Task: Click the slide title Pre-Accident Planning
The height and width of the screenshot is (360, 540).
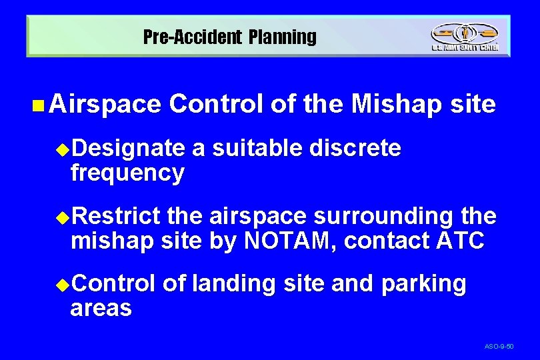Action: pyautogui.click(x=230, y=37)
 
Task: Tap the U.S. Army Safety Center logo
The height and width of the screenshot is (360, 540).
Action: pyautogui.click(x=464, y=37)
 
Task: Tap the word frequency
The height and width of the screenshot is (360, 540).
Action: pyautogui.click(x=127, y=173)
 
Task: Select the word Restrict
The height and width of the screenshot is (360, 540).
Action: pyautogui.click(x=116, y=216)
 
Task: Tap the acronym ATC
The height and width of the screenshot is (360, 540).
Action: pyautogui.click(x=459, y=240)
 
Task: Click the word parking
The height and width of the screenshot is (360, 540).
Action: pyautogui.click(x=424, y=283)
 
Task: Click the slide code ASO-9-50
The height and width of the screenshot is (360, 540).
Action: pyautogui.click(x=499, y=347)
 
